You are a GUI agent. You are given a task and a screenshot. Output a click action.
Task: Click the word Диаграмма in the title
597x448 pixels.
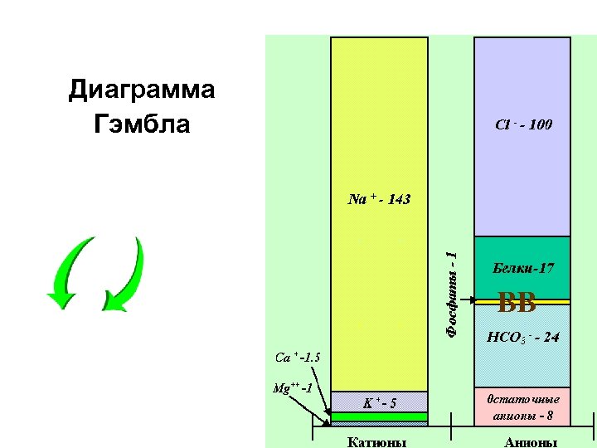coord(142,90)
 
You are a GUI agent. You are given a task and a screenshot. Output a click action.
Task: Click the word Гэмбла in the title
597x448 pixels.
coord(142,124)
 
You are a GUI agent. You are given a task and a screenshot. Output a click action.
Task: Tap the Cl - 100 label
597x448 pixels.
coord(522,125)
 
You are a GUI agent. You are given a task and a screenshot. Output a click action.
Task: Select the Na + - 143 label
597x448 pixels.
coord(380,199)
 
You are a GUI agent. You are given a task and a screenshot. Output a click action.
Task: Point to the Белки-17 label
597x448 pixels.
coord(522,268)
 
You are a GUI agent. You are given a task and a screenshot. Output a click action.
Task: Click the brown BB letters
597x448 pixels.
coord(517,304)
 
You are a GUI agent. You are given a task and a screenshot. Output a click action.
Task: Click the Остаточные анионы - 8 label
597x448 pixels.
coord(522,405)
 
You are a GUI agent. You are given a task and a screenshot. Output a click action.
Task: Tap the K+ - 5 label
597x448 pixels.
coord(380,403)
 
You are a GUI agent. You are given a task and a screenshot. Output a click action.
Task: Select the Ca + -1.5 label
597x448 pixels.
coord(298,358)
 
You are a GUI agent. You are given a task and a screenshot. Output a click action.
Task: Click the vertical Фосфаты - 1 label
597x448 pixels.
coord(451,295)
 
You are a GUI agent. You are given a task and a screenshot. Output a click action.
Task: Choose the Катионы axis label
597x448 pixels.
coord(377,441)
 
